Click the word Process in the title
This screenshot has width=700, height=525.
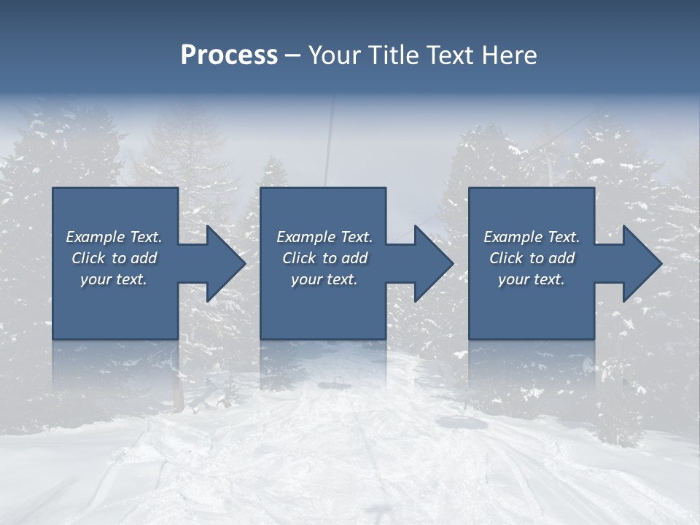click(x=229, y=55)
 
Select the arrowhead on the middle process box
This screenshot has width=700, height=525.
click(x=432, y=263)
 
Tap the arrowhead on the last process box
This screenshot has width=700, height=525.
click(x=641, y=263)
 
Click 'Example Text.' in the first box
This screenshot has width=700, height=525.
click(x=114, y=237)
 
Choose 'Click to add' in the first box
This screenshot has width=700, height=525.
click(x=114, y=258)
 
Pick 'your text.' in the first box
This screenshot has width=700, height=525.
click(x=114, y=279)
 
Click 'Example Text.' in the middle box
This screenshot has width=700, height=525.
click(x=324, y=237)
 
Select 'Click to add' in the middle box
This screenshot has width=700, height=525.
click(x=324, y=258)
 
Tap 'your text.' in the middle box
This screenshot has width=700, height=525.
click(x=324, y=279)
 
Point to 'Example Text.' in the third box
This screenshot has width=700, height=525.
click(x=532, y=237)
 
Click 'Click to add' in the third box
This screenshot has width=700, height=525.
click(x=532, y=258)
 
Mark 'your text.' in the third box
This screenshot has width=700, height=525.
click(x=532, y=279)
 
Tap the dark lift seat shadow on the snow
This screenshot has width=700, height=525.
click(x=457, y=421)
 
